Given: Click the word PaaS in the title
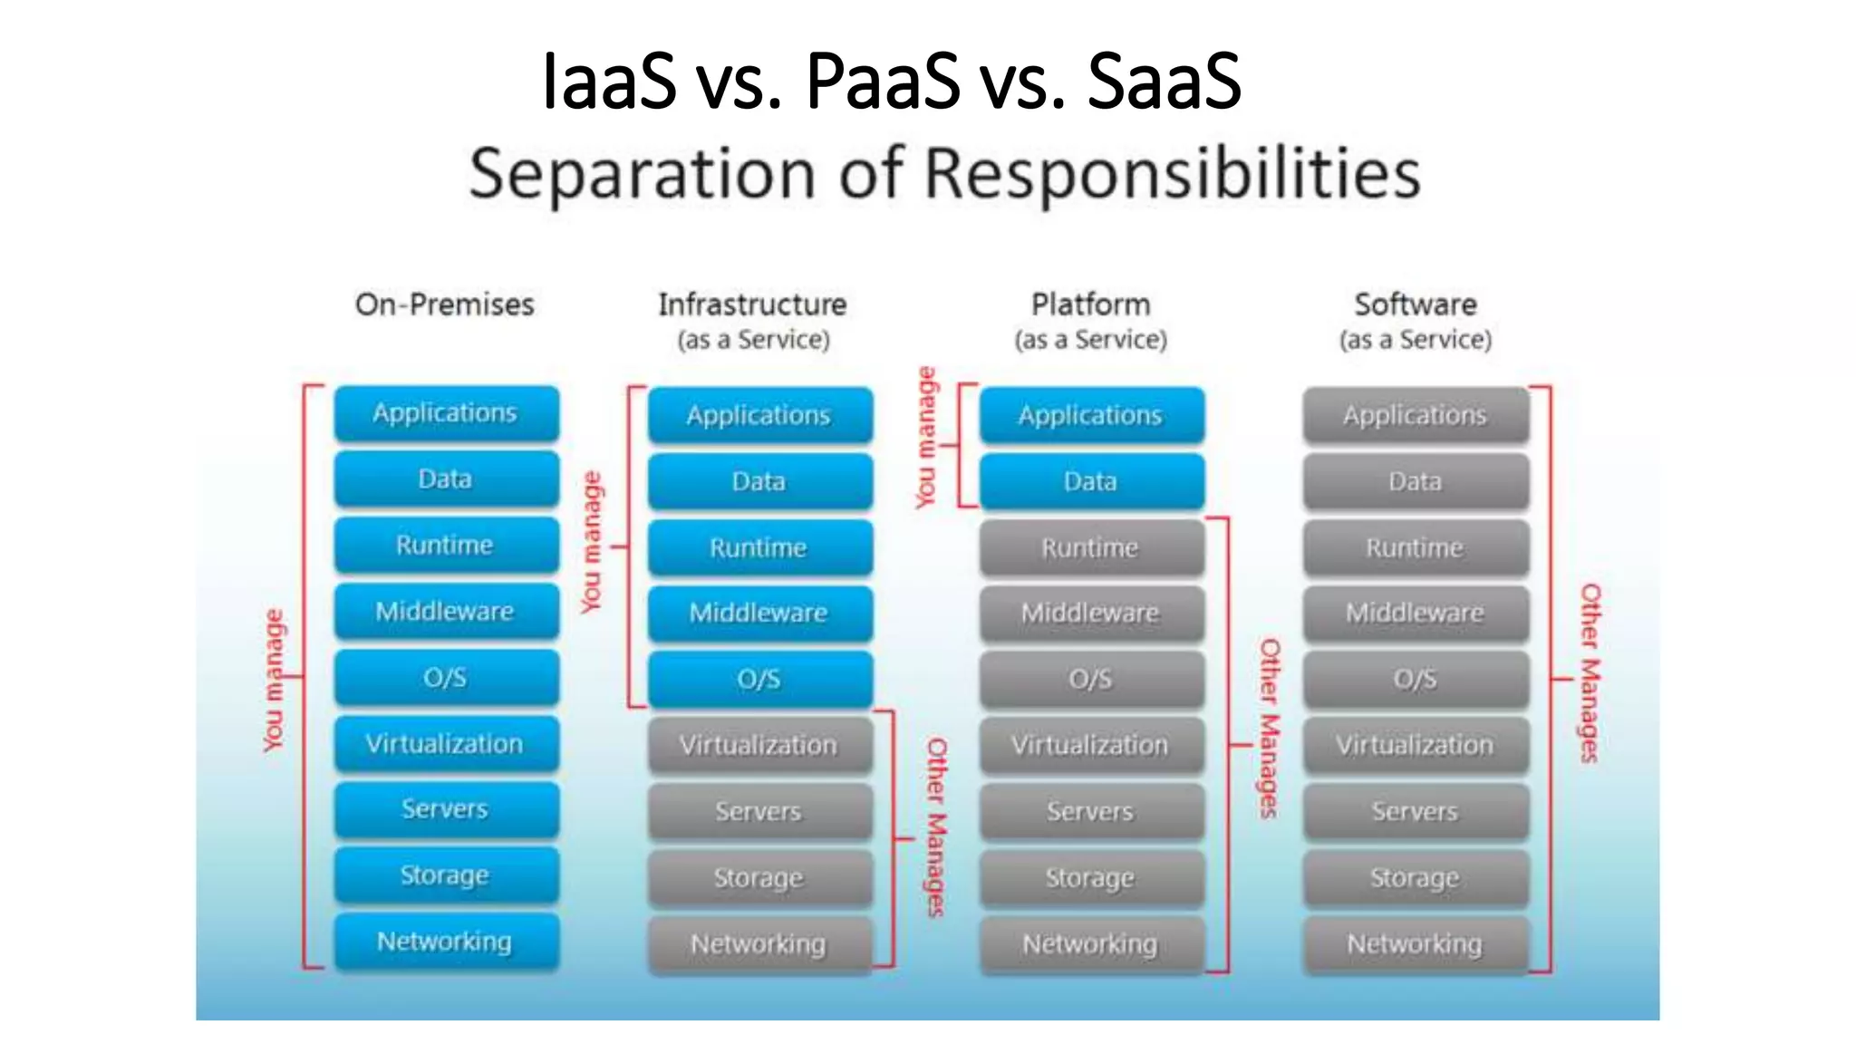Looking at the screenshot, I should pos(882,82).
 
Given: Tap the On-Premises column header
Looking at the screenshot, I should pos(444,304).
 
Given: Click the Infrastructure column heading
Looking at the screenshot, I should pos(752,304).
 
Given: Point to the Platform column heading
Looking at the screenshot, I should pos(1090,304).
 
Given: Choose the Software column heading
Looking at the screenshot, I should pos(1415,304).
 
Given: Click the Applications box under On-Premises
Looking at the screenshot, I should pos(446,413).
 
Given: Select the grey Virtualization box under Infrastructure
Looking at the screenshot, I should pos(759,745).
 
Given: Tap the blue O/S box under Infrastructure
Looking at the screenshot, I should pos(759,679).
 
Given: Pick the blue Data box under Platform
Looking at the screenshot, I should pos(1091,481).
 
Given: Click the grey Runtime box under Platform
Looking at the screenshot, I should pos(1091,547).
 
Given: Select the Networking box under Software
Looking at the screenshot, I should pos(1415,944).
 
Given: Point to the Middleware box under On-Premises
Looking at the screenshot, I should pos(446,612).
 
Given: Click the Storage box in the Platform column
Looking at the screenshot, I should pos(1091,877).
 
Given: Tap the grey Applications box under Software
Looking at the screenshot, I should pos(1415,415).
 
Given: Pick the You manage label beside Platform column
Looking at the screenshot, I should pos(924,437).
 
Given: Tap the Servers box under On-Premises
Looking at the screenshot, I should pos(446,809).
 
